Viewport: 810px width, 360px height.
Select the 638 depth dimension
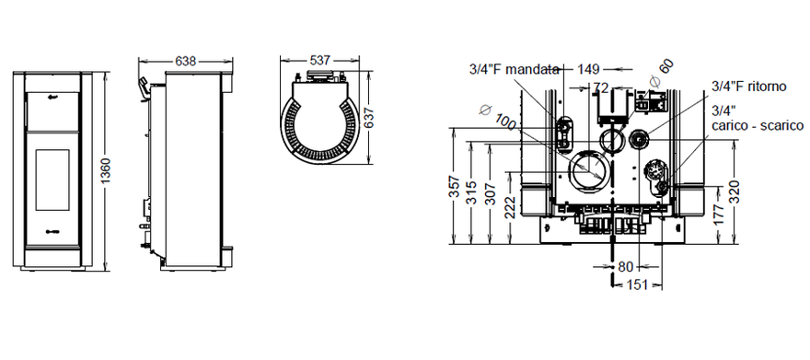(185, 62)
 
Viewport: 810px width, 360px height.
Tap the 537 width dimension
(320, 61)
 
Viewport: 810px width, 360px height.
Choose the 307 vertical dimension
(491, 194)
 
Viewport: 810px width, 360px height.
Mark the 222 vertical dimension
(509, 208)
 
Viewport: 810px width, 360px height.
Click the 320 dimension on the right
(734, 192)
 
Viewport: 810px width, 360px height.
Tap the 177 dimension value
(719, 215)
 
